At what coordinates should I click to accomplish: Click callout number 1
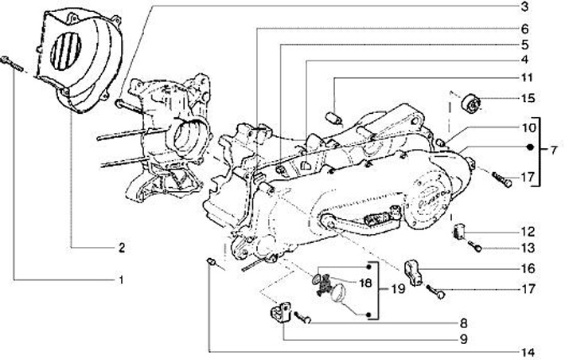pyautogui.click(x=121, y=280)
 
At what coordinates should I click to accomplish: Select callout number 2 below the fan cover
pyautogui.click(x=121, y=248)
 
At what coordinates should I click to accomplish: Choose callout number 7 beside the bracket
pyautogui.click(x=555, y=148)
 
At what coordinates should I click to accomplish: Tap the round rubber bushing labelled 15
pyautogui.click(x=471, y=104)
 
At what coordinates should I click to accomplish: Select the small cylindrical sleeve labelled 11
pyautogui.click(x=335, y=118)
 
